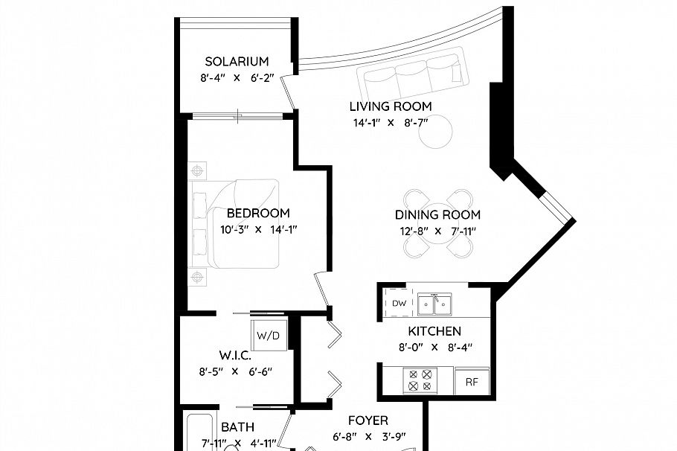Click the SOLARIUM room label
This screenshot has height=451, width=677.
(237, 62)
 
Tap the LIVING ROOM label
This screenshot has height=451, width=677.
(391, 106)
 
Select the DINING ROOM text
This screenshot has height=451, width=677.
(437, 214)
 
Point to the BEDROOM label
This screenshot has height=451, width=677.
(258, 214)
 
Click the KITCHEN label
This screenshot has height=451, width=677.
(434, 331)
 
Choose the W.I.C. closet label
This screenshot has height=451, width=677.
(234, 356)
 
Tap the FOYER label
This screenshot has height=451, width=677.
(368, 420)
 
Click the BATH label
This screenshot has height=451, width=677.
(237, 427)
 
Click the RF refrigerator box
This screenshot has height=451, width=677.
(472, 382)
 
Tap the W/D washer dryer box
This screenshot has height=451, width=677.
(269, 336)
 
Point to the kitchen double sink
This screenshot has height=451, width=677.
(434, 304)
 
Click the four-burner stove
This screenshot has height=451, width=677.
(418, 381)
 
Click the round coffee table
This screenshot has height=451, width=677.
(435, 132)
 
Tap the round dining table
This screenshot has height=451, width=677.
(438, 223)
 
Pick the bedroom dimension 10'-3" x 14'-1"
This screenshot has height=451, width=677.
(258, 229)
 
